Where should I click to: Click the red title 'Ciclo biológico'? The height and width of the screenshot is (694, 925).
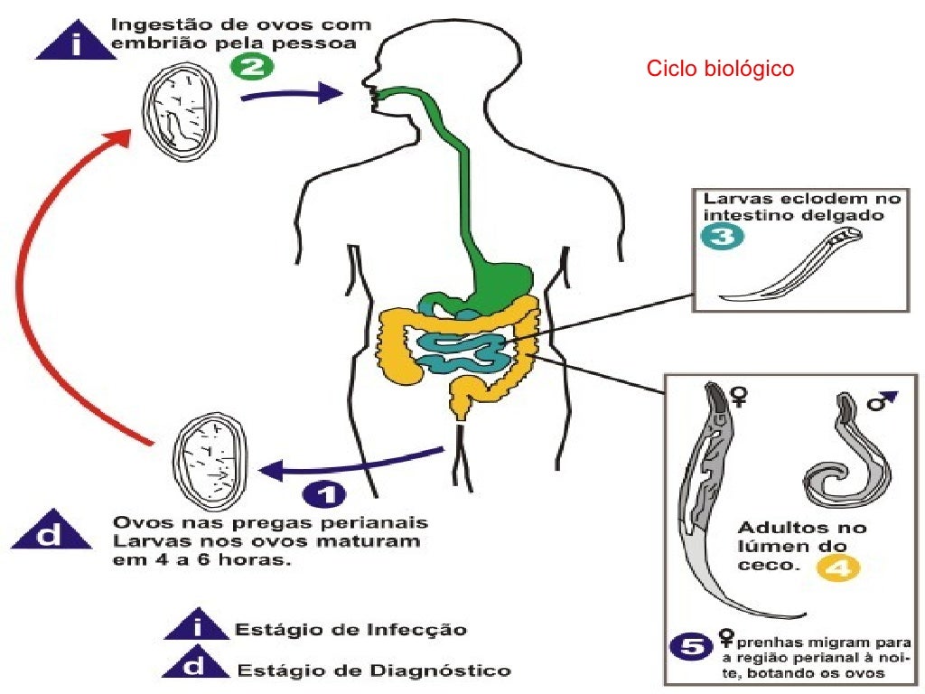[720, 69]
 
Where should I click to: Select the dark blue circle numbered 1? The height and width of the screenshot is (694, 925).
[326, 495]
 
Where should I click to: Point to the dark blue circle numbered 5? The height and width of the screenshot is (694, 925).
[691, 647]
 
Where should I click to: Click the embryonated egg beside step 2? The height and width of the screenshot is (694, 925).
[181, 112]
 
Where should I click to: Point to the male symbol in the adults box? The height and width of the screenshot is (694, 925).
[881, 400]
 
